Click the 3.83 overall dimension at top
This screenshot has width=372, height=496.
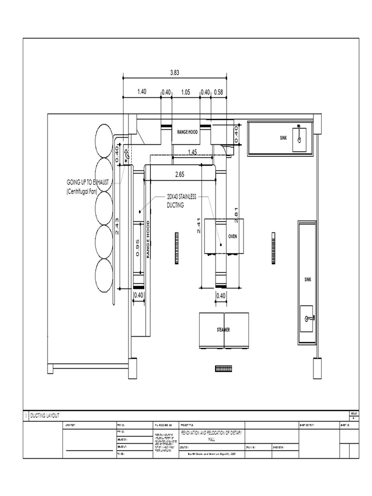[175, 73]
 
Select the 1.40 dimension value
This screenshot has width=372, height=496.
[141, 92]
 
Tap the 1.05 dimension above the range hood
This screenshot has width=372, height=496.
[186, 92]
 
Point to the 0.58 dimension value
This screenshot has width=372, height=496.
[218, 92]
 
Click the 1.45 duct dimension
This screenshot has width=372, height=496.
[192, 152]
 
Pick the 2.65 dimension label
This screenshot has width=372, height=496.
[180, 174]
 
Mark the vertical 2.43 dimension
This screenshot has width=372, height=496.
[117, 226]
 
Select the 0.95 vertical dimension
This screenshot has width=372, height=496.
[138, 248]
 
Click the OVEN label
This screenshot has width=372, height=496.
[232, 237]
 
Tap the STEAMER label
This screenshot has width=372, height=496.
[223, 330]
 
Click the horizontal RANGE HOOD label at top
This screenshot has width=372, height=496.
[186, 132]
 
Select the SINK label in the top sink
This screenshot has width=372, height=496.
[283, 138]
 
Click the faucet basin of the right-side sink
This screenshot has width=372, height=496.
[307, 318]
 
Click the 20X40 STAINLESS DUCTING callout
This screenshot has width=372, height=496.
[181, 201]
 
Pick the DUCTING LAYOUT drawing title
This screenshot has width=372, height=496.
[45, 416]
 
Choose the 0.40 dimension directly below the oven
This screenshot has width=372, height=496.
[221, 295]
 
